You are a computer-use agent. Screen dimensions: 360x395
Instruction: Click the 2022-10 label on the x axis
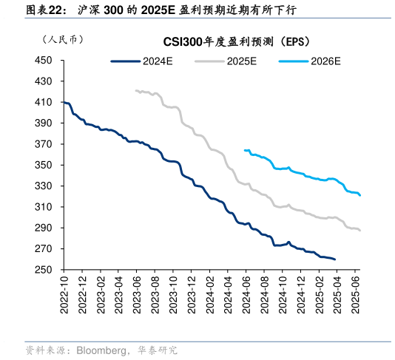click(x=64, y=296)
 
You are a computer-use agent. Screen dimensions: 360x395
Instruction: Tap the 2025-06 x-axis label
click(x=359, y=296)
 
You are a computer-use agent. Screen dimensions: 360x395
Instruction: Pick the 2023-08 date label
click(x=155, y=296)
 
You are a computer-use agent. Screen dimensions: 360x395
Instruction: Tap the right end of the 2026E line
click(x=360, y=196)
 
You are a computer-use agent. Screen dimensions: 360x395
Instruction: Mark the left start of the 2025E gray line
click(x=136, y=90)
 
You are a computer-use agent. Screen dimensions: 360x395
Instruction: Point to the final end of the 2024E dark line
click(x=335, y=259)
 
